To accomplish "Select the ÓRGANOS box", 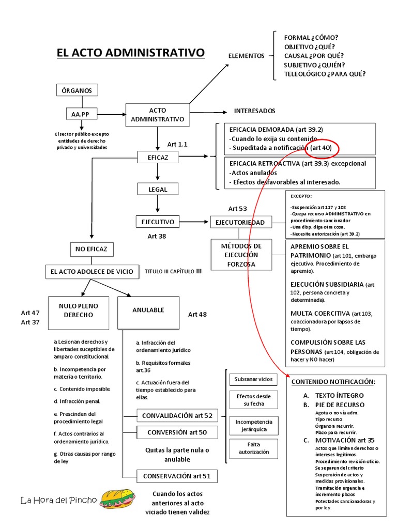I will (x=77, y=90).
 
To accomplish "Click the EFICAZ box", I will (x=157, y=156).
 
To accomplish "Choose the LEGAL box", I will (x=158, y=190).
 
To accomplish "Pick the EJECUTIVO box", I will (x=158, y=222).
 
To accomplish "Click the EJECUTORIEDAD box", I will (x=240, y=222).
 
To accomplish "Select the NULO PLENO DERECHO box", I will (x=79, y=310).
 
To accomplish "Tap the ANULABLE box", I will (x=148, y=310).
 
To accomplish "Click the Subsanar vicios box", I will (x=253, y=379).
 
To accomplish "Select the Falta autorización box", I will (x=253, y=448).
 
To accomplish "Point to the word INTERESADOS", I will (x=254, y=111).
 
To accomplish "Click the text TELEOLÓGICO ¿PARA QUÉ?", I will (x=325, y=74).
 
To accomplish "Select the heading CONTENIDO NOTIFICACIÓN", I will (x=333, y=382).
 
